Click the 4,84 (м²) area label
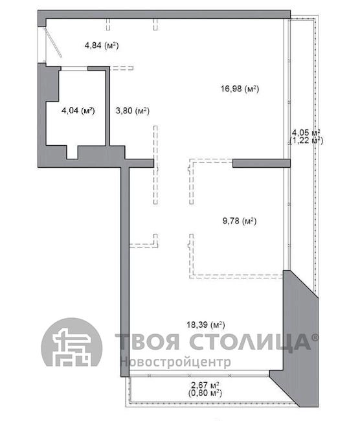[x=102, y=45]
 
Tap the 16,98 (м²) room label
[x=240, y=88]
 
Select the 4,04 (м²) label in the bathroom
[x=78, y=110]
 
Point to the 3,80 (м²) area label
[x=132, y=110]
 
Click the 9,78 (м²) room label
[x=240, y=221]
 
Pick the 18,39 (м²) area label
[x=206, y=325]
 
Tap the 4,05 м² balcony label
[x=306, y=132]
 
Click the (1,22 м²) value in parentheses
[x=306, y=141]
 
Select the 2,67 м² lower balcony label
[x=205, y=385]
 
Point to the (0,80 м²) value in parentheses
[x=205, y=393]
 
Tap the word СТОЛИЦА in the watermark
[x=250, y=343]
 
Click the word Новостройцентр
[x=175, y=362]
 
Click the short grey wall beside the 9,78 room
[x=262, y=163]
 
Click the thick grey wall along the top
[x=164, y=14]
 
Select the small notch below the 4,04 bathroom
[x=73, y=152]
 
